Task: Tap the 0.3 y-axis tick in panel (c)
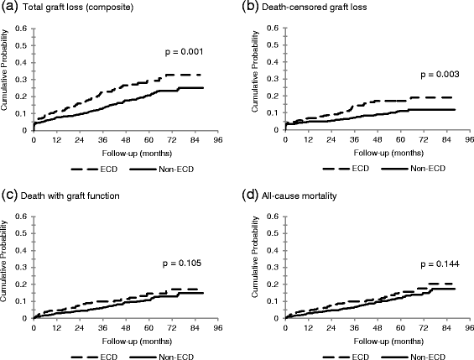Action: click(23, 268)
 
